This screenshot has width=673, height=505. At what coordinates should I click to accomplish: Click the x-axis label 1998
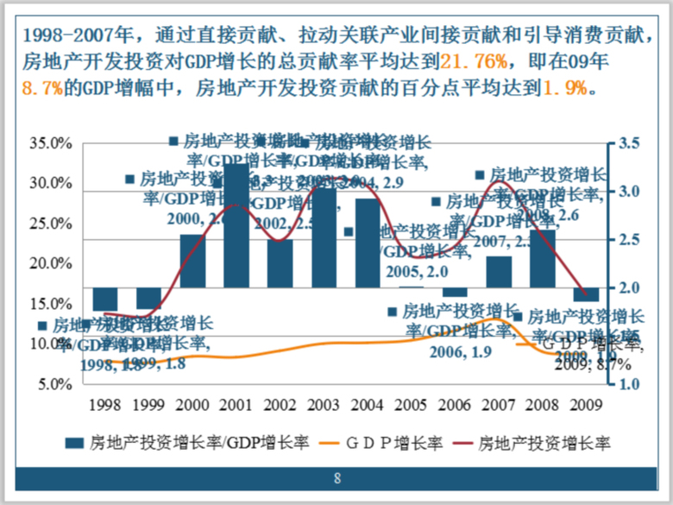pos(105,404)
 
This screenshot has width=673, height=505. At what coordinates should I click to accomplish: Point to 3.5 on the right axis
pos(628,143)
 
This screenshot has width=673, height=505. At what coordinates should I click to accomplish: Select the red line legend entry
pos(544,443)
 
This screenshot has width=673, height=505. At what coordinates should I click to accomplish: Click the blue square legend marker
pos(75,443)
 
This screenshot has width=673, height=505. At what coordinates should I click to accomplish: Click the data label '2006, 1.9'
pos(450,351)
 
